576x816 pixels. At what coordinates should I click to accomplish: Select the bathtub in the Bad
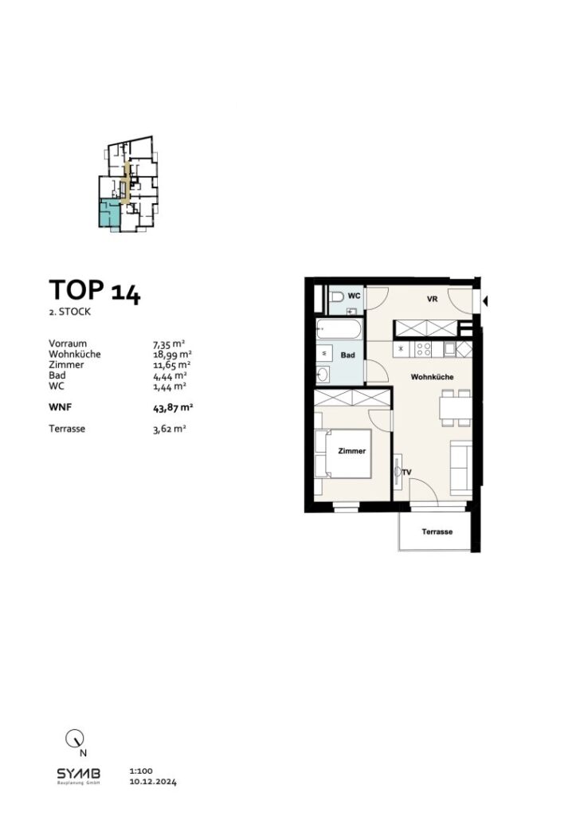(x=339, y=328)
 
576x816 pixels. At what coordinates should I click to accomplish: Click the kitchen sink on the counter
(x=451, y=348)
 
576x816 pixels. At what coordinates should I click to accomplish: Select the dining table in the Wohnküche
(x=454, y=407)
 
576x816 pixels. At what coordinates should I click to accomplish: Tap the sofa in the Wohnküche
(x=460, y=466)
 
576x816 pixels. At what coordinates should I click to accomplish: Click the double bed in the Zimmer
(x=344, y=455)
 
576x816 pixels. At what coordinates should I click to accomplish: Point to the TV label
(x=407, y=473)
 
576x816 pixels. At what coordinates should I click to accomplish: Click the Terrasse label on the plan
(x=437, y=532)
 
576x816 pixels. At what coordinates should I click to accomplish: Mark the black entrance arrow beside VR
(x=485, y=300)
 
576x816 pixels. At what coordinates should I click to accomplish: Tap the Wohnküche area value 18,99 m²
(x=171, y=354)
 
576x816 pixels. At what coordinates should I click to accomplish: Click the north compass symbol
(x=73, y=739)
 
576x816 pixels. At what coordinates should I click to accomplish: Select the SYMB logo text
(x=78, y=773)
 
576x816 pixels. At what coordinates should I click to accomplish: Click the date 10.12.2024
(x=152, y=783)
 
